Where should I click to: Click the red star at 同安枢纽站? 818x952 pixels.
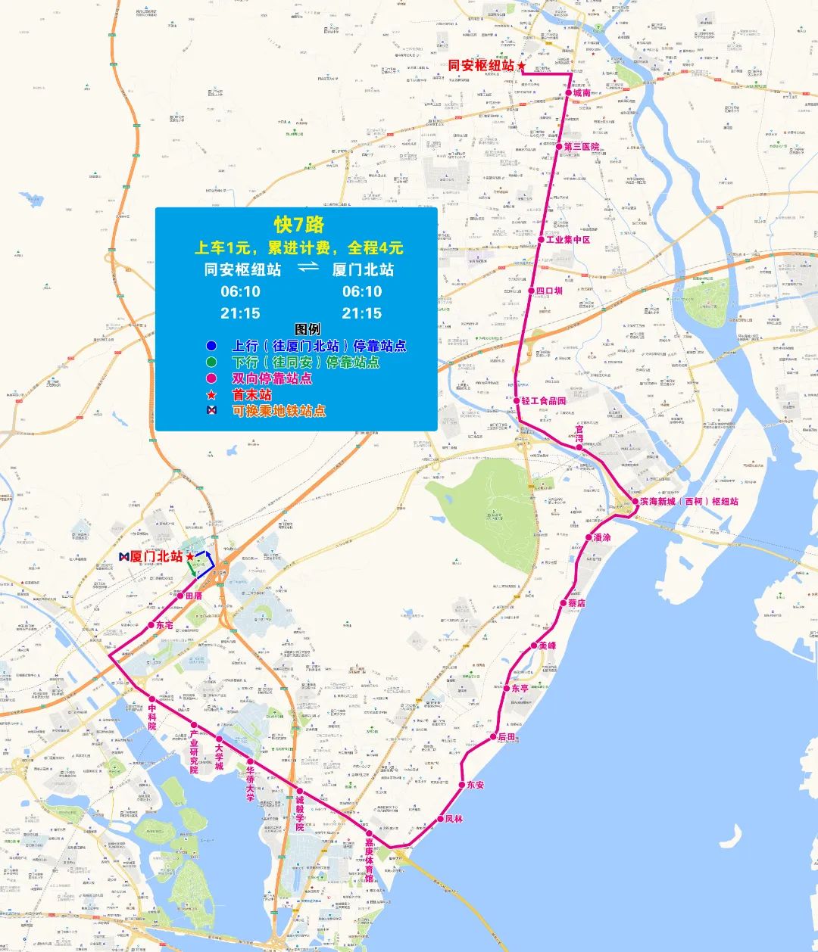(521, 67)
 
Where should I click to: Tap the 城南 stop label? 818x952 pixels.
(582, 93)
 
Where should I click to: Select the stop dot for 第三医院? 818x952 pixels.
(560, 146)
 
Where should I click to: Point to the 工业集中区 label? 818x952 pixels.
(568, 239)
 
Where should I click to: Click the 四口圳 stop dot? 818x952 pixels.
(530, 291)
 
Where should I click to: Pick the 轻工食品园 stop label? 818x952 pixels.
(544, 400)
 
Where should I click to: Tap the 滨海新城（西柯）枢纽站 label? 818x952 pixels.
(688, 501)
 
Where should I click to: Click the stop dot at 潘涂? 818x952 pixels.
(589, 537)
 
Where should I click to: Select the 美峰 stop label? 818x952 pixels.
(547, 646)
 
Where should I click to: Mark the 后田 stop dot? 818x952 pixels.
(492, 736)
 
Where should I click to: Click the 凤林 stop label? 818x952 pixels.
(454, 819)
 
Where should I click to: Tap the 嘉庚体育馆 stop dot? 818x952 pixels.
(369, 832)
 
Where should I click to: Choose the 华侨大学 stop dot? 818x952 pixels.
(250, 761)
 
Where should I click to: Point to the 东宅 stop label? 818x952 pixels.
(164, 624)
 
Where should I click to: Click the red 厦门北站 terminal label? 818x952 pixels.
(156, 556)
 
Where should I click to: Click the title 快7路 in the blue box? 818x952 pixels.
(298, 224)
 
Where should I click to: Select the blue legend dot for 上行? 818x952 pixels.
(211, 346)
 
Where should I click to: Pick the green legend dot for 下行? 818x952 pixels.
(211, 362)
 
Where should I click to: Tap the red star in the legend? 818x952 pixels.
(211, 394)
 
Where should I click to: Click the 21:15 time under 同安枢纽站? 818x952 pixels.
(240, 313)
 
